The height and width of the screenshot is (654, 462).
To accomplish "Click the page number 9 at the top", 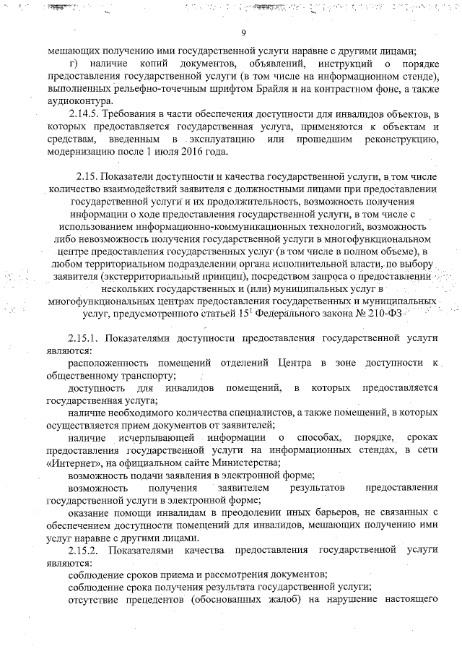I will coord(244,33).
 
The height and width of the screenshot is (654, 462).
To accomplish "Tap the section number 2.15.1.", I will coord(85,339).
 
